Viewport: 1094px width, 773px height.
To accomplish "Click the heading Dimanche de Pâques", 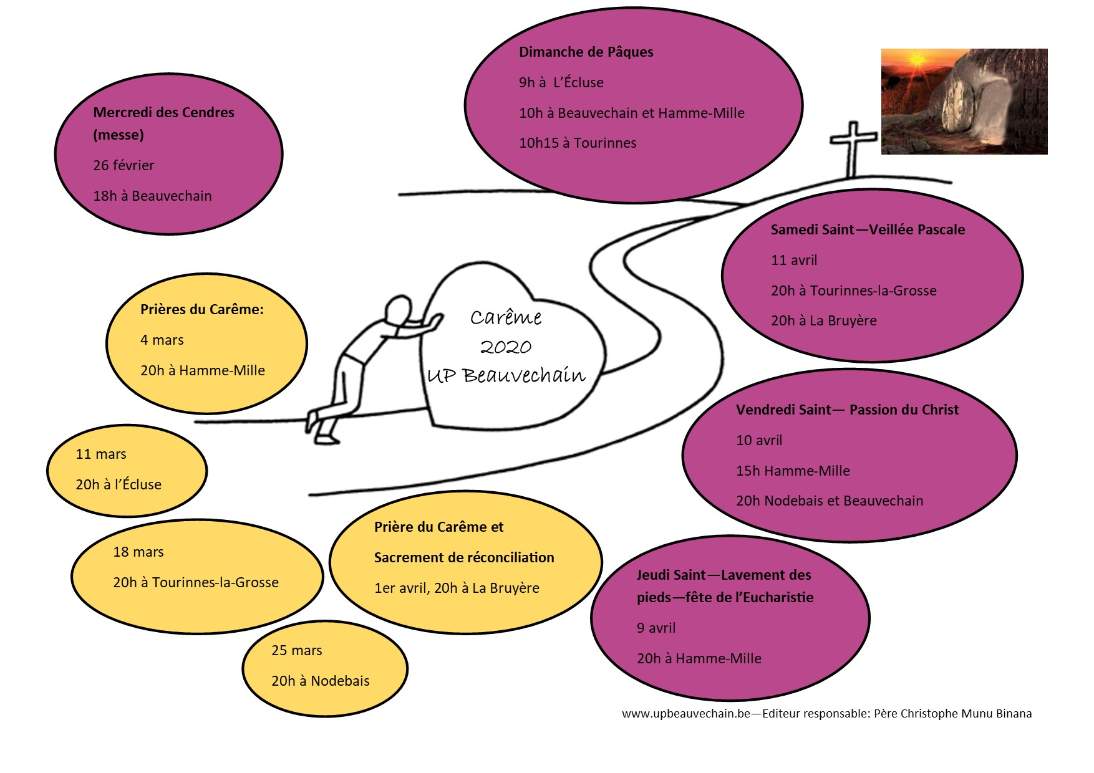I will (586, 52).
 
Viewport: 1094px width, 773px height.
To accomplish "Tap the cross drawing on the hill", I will (853, 147).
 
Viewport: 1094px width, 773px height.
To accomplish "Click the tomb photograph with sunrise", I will (964, 102).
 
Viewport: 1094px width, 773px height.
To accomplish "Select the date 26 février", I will (123, 166).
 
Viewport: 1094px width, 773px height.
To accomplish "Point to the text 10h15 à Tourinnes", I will (578, 143).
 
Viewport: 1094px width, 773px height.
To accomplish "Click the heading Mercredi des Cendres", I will (163, 113).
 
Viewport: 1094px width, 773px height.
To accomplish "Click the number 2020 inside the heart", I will (506, 347).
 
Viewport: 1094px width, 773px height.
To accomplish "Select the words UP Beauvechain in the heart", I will (506, 375).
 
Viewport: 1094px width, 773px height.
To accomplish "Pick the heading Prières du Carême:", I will (201, 310).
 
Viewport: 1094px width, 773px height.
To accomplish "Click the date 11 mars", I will (101, 454).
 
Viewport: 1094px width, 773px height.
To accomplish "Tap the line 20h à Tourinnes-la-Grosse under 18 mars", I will (196, 583).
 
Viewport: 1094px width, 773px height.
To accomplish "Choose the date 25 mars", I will (297, 651).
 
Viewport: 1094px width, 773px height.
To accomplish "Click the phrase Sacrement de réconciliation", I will (464, 558).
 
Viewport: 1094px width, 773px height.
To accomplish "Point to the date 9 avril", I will (656, 628).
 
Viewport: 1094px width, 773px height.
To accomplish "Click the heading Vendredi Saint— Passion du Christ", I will (847, 410).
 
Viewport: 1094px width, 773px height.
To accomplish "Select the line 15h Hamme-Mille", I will (793, 471).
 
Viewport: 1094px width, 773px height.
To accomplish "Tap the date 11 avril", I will (794, 261).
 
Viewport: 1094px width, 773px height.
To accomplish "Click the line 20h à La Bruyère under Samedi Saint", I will (824, 321).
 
